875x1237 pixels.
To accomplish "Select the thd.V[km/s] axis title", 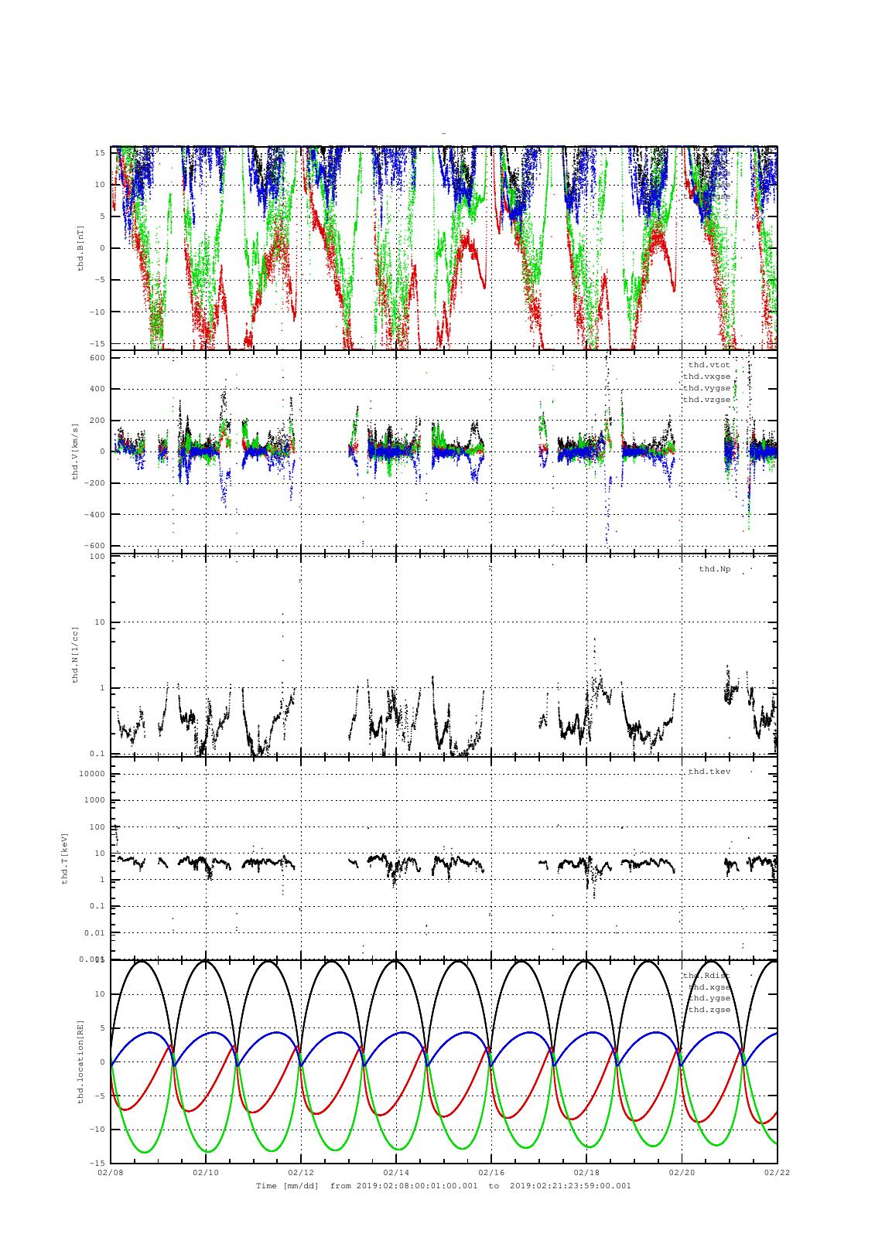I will pyautogui.click(x=76, y=452).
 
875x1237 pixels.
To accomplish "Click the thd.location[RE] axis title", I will pyautogui.click(x=80, y=1061).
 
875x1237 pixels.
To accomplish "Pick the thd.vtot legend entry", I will pyautogui.click(x=709, y=365).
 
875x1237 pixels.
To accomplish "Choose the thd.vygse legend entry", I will pyautogui.click(x=706, y=388).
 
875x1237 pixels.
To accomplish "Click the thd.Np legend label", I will pyautogui.click(x=714, y=569).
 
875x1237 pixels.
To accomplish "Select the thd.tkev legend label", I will pyautogui.click(x=709, y=772).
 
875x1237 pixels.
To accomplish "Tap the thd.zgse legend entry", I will pyautogui.click(x=709, y=1010).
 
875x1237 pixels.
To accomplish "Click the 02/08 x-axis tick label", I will pyautogui.click(x=111, y=1172).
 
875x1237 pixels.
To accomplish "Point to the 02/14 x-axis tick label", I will pyautogui.click(x=396, y=1172).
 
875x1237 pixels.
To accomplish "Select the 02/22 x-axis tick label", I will pyautogui.click(x=777, y=1172).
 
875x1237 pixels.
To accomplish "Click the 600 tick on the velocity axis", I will pyautogui.click(x=97, y=357).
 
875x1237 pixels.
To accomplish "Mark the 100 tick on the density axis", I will pyautogui.click(x=97, y=557).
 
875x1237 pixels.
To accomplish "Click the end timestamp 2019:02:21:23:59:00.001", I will pyautogui.click(x=571, y=1185).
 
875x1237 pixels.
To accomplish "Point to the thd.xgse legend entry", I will pyautogui.click(x=709, y=987).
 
